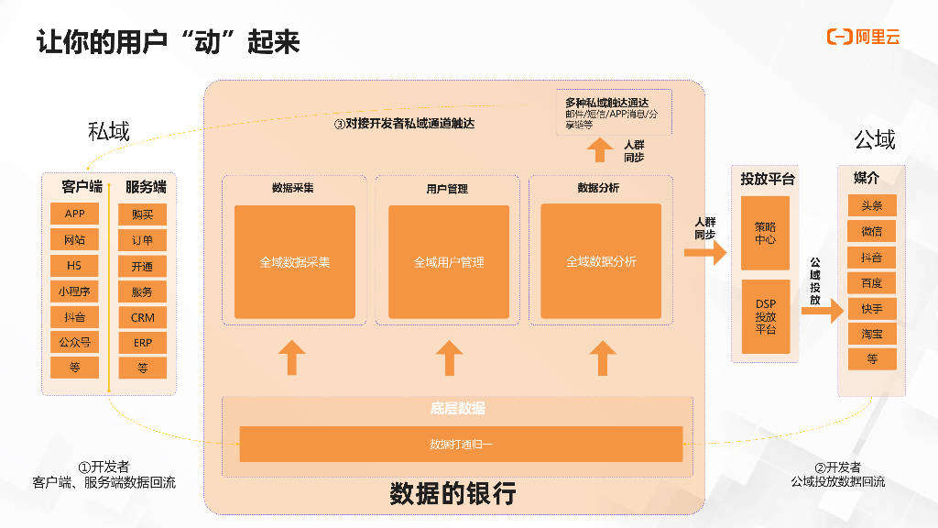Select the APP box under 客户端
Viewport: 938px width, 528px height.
pos(75,214)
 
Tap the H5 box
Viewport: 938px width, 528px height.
pos(75,266)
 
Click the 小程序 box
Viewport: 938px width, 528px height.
pos(75,291)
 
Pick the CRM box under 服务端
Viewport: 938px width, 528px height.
pos(143,317)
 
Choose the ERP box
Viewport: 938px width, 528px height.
pos(143,343)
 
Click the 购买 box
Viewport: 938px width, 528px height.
pos(143,214)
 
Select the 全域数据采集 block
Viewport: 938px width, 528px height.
pos(294,261)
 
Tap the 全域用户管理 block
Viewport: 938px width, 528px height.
pos(449,261)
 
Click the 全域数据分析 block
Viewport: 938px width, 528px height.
pos(601,261)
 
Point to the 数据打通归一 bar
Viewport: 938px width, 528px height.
pos(461,445)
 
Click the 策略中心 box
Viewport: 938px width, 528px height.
pos(765,233)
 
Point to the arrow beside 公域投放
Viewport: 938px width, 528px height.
pos(822,311)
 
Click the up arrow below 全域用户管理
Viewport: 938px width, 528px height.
pos(449,357)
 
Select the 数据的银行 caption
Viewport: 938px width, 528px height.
pos(453,494)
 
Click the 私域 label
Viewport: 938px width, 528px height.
pos(109,131)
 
